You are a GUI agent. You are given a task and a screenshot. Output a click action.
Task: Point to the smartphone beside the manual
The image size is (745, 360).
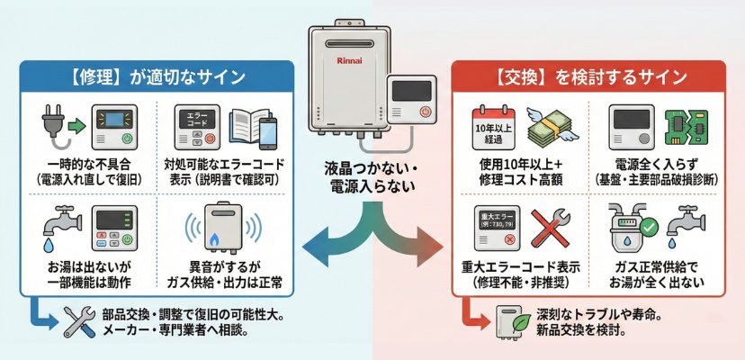click(269, 133)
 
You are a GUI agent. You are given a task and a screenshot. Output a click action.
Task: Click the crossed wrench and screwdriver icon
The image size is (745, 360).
click(79, 321)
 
